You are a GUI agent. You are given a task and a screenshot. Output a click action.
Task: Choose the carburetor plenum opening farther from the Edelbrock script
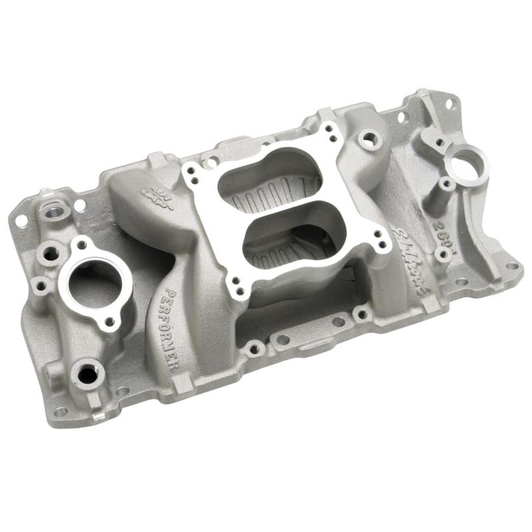click(x=261, y=178)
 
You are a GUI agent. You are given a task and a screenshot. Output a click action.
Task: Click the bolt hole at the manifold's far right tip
click(x=512, y=266)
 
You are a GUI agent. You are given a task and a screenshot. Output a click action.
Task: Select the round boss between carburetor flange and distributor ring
click(x=367, y=139)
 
